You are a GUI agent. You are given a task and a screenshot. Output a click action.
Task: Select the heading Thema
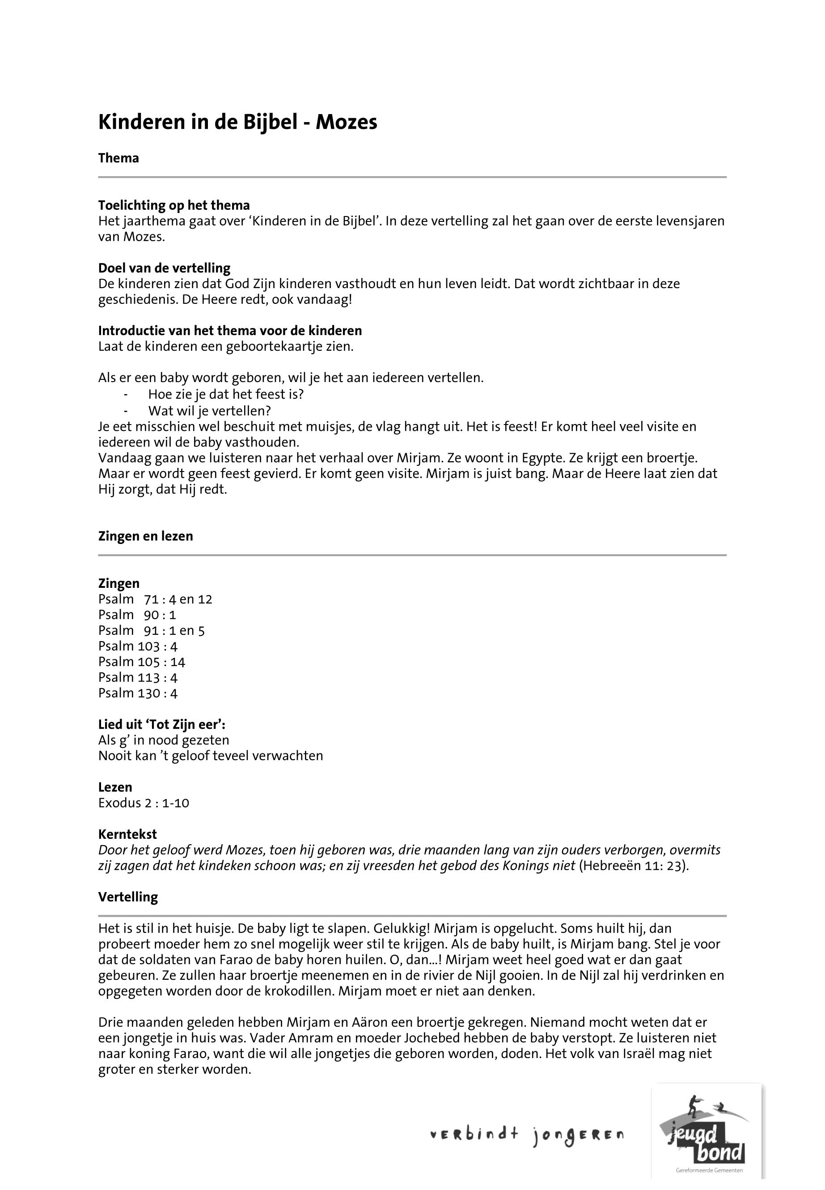[x=118, y=158]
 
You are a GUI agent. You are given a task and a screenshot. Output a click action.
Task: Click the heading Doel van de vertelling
[x=165, y=268]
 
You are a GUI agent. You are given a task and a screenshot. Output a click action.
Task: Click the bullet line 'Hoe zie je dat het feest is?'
[x=226, y=395]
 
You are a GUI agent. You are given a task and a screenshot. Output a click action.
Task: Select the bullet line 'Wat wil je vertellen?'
[x=209, y=411]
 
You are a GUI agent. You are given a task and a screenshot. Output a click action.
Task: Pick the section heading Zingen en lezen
[x=145, y=536]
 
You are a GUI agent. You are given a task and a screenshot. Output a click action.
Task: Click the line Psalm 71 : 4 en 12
[x=155, y=599]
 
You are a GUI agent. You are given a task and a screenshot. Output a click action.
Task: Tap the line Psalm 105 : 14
[x=142, y=662]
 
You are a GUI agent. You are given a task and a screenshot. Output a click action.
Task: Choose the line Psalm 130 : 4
[x=138, y=693]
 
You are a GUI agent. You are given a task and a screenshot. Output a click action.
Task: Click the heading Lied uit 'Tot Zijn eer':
[x=162, y=725]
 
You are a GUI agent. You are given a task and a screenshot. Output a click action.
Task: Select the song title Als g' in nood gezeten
[x=163, y=740]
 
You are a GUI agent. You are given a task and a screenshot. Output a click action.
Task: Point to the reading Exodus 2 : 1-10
[x=144, y=803]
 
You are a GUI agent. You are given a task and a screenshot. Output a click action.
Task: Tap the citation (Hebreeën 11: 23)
[x=634, y=866]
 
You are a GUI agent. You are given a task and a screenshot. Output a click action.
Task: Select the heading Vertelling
[x=128, y=897]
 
